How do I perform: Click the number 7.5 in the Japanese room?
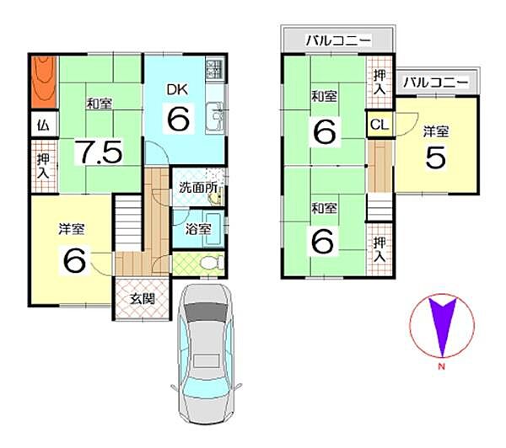[100, 152]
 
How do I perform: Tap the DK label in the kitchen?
[176, 89]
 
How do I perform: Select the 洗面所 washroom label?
[199, 188]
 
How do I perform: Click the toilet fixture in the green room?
[212, 263]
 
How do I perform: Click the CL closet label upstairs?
[379, 125]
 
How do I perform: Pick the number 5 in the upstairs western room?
[435, 159]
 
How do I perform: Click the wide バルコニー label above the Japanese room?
[338, 40]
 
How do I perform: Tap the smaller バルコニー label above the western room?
[434, 83]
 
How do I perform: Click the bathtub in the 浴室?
[211, 227]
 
